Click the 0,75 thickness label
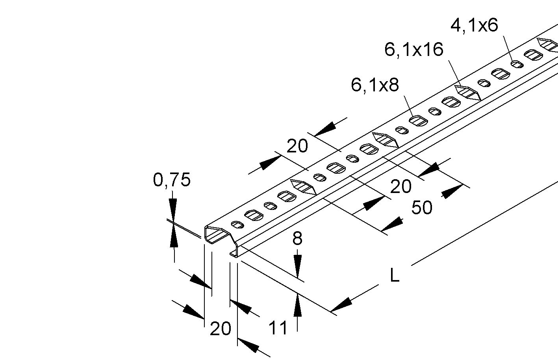click(x=172, y=180)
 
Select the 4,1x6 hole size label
click(x=474, y=25)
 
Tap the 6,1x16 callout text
click(x=413, y=50)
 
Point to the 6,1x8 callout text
click(x=375, y=85)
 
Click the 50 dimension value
click(x=422, y=208)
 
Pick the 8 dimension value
click(x=298, y=239)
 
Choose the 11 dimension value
click(x=278, y=328)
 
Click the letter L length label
click(x=395, y=276)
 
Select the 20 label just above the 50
click(x=401, y=186)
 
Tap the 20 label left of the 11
click(x=220, y=328)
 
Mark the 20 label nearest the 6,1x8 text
click(x=297, y=146)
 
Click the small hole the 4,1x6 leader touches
click(x=517, y=64)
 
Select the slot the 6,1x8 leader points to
click(x=418, y=121)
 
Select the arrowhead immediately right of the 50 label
click(x=452, y=192)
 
